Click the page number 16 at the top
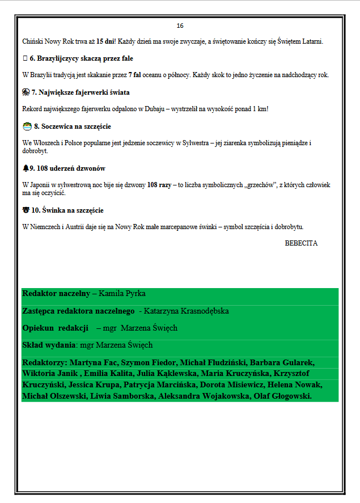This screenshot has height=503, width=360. (x=180, y=26)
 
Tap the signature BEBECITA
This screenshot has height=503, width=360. (x=301, y=243)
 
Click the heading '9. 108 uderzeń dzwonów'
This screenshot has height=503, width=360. (x=67, y=168)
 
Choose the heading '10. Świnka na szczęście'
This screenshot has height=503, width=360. (x=67, y=210)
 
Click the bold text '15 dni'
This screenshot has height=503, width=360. (x=106, y=41)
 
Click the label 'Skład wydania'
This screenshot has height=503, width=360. (x=49, y=345)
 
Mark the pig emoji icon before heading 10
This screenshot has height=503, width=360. (x=26, y=210)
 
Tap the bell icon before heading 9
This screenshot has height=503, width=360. (x=26, y=168)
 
